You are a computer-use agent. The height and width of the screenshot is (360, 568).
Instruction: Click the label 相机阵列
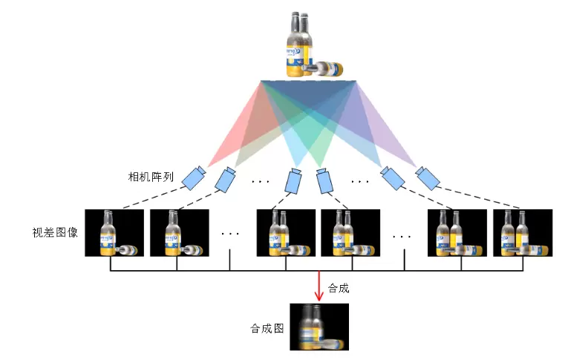(x=151, y=177)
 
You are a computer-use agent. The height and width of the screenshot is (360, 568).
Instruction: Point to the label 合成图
(x=268, y=327)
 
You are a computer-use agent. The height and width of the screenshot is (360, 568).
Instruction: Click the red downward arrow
(x=319, y=286)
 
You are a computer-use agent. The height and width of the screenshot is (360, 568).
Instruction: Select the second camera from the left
(x=225, y=179)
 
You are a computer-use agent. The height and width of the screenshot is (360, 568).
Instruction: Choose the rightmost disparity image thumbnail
(x=522, y=232)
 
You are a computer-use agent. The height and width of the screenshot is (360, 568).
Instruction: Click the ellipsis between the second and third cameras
(x=261, y=180)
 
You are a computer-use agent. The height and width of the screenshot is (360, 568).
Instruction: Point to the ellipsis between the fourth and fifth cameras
(x=359, y=180)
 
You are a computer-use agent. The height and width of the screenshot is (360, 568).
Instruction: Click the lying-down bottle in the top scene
(x=324, y=69)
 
